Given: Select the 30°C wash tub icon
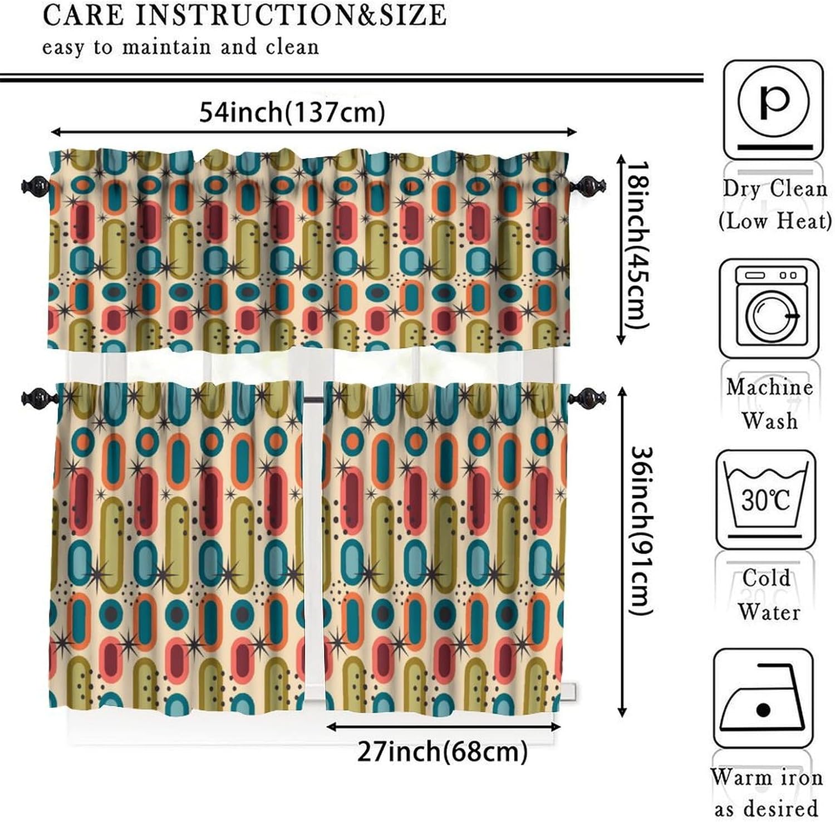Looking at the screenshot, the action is click(765, 499).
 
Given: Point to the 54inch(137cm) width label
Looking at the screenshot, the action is click(292, 112).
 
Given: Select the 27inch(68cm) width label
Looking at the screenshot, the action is click(442, 752).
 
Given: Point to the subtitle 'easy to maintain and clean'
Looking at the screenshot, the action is click(180, 47).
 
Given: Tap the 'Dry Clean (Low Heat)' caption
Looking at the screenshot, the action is click(774, 205).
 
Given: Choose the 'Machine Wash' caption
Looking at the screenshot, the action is click(769, 403).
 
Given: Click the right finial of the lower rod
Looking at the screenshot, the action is click(586, 398).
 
